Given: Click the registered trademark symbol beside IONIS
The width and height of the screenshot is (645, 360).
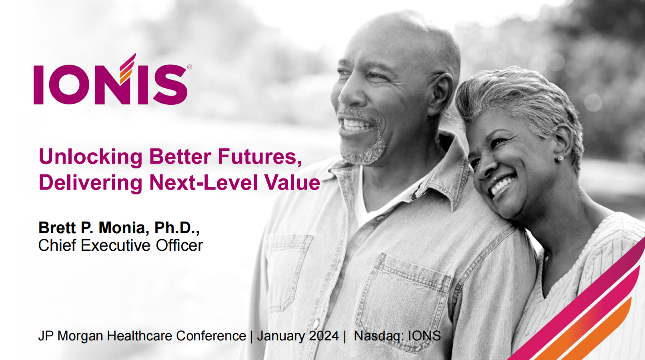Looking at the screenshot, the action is click(x=190, y=67).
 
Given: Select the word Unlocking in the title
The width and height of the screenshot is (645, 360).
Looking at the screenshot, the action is click(x=90, y=157).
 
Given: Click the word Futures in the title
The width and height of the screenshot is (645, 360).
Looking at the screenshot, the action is click(x=259, y=157).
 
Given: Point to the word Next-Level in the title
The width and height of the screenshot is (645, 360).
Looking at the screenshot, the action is click(x=203, y=182).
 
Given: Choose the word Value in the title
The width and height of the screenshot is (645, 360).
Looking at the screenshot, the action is click(x=292, y=182).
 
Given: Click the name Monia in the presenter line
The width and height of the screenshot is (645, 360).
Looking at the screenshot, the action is click(x=124, y=228).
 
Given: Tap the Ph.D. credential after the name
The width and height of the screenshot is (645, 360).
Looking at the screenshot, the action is click(x=177, y=228).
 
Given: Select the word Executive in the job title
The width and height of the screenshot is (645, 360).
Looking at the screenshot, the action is click(x=116, y=246).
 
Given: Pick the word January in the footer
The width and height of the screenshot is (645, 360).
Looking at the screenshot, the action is click(x=281, y=336).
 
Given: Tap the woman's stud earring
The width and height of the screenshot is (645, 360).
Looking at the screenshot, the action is click(x=560, y=158).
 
